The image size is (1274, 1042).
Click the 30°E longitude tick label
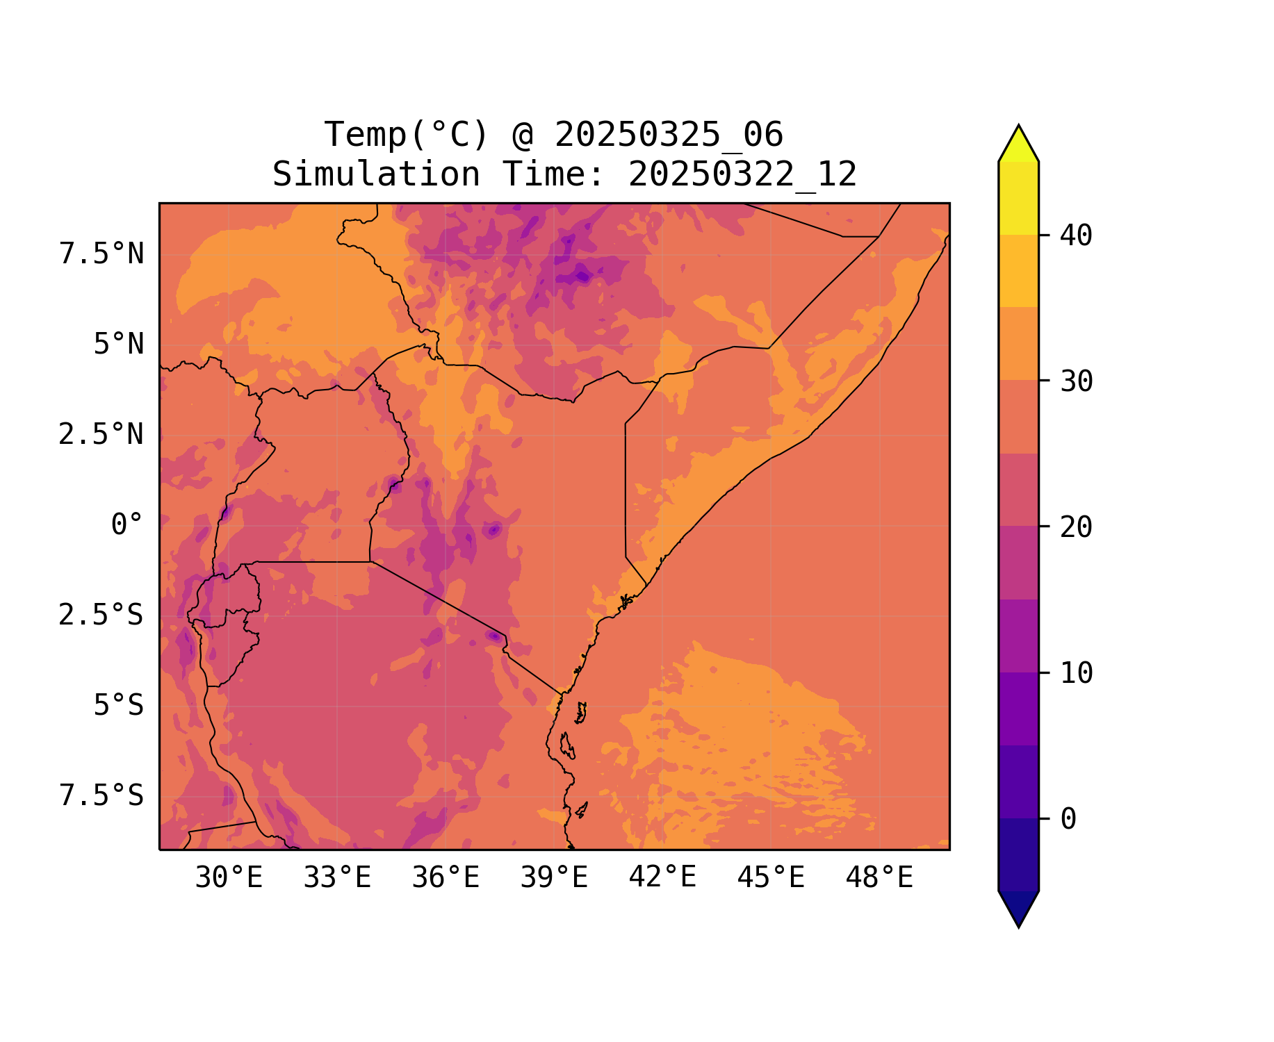click(x=229, y=878)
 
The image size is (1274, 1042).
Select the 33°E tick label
click(x=337, y=878)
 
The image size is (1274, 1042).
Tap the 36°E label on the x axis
click(x=446, y=878)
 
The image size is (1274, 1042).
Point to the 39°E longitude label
click(x=554, y=878)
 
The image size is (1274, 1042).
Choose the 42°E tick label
click(x=662, y=878)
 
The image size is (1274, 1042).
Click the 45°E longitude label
click(x=771, y=878)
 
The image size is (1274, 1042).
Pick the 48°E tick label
click(x=879, y=878)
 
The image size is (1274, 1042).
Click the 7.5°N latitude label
click(x=101, y=254)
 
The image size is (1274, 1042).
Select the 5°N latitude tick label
click(x=119, y=345)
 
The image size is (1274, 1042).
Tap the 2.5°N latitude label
click(x=101, y=435)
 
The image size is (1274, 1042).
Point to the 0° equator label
click(x=127, y=525)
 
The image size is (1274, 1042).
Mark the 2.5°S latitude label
click(x=101, y=615)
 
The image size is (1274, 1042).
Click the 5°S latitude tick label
click(x=119, y=706)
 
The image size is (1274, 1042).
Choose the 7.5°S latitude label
click(x=101, y=796)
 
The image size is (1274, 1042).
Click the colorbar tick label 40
click(x=1076, y=235)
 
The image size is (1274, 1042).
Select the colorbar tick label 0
click(x=1068, y=820)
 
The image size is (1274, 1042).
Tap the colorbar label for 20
click(x=1076, y=527)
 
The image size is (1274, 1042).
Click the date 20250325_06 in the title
click(x=669, y=135)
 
